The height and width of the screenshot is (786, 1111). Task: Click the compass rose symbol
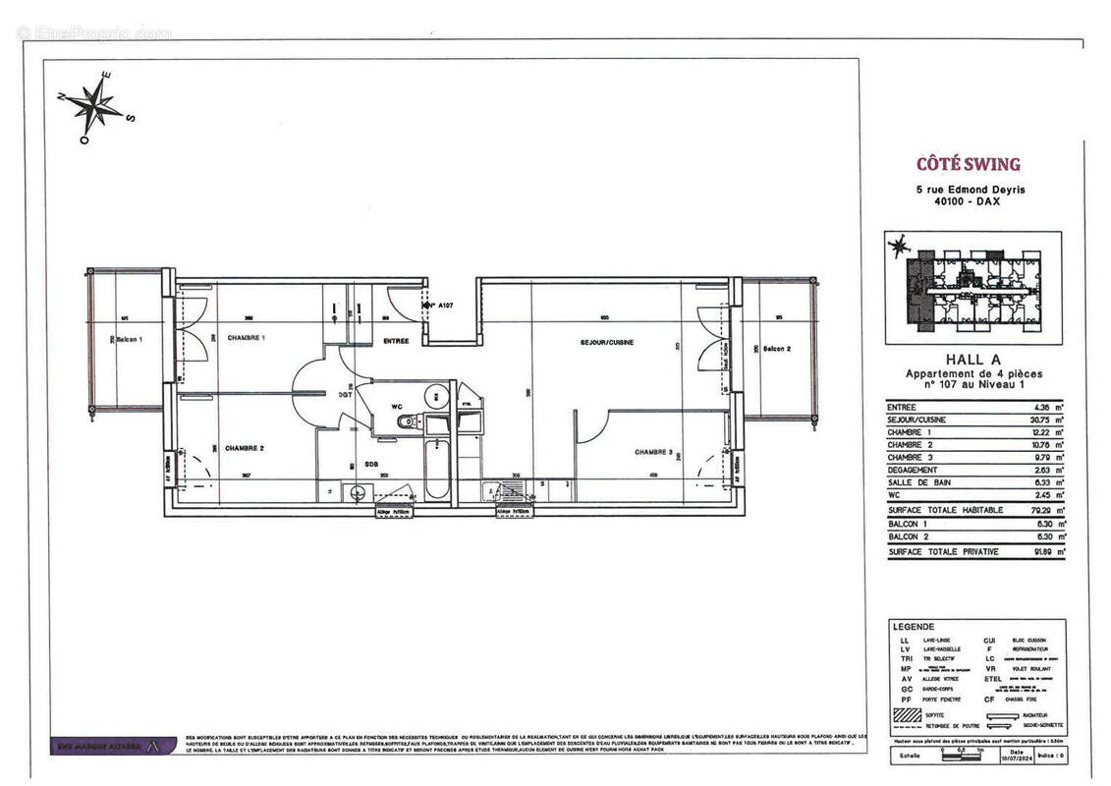pyautogui.click(x=97, y=106)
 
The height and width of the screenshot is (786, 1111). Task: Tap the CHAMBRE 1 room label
pyautogui.click(x=247, y=337)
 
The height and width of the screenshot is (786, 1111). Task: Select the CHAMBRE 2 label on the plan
pyautogui.click(x=245, y=448)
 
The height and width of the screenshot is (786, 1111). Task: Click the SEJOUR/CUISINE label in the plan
pyautogui.click(x=606, y=343)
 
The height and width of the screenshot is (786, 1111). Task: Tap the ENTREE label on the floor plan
pyautogui.click(x=396, y=341)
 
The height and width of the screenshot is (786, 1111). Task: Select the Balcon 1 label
pyautogui.click(x=129, y=340)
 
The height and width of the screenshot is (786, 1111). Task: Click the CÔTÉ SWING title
pyautogui.click(x=968, y=164)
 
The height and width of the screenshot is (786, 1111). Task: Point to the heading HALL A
pyautogui.click(x=973, y=360)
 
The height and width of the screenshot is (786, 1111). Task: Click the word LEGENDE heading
pyautogui.click(x=914, y=626)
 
